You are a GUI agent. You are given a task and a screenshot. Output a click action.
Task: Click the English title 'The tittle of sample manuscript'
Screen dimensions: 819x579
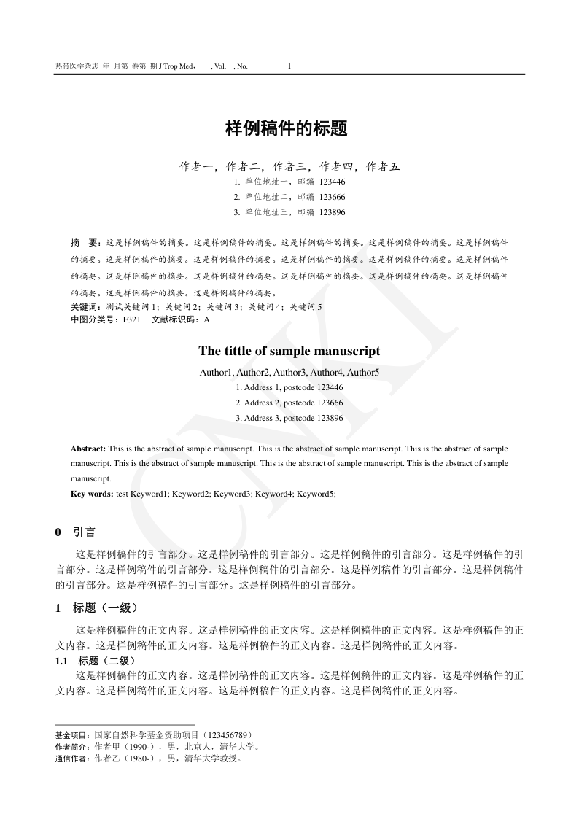click(x=289, y=351)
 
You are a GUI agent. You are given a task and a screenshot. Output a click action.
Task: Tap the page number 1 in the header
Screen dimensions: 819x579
click(x=289, y=66)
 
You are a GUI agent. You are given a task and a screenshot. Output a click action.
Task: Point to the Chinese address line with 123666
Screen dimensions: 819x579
click(x=289, y=197)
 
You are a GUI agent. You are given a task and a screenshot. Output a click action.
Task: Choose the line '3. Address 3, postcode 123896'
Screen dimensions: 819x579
click(x=289, y=418)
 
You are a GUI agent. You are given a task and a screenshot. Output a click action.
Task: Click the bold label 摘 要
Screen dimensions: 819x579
click(x=85, y=241)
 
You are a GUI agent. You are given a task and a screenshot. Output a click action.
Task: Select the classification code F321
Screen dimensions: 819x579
click(x=132, y=319)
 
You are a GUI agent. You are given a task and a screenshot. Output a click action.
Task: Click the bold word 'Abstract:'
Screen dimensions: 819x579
click(x=88, y=449)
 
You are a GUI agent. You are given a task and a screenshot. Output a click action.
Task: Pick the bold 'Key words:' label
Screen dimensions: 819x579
click(x=93, y=494)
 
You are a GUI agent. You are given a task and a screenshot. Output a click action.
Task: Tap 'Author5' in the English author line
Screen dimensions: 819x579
click(x=365, y=373)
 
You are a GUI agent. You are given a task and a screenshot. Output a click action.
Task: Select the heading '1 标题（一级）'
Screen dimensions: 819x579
click(x=96, y=608)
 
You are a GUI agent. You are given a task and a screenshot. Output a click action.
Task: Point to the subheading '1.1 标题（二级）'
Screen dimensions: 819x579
click(x=95, y=661)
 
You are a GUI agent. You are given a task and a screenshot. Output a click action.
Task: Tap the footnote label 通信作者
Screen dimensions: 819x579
click(x=73, y=758)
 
